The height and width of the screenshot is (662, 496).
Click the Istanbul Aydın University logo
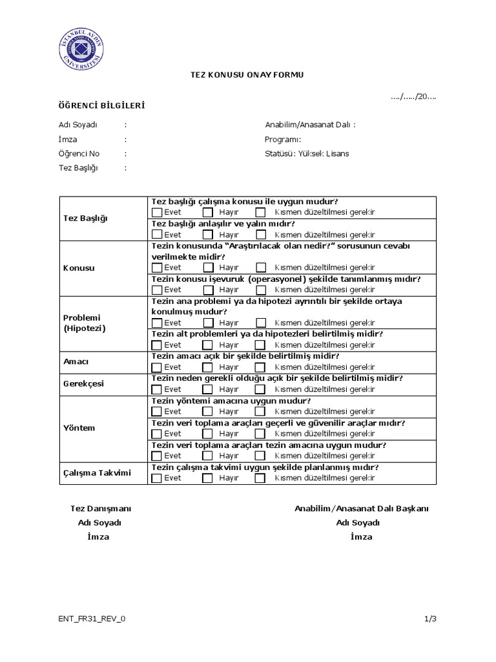tap(81, 50)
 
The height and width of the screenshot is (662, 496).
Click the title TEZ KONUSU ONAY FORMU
tap(246, 75)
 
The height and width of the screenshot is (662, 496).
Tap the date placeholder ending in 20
tap(413, 96)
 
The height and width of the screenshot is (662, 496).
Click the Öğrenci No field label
tap(79, 154)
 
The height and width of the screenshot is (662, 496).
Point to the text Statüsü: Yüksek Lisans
tap(307, 154)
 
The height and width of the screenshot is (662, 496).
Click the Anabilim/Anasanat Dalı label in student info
tap(310, 125)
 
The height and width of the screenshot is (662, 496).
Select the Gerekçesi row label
tap(83, 384)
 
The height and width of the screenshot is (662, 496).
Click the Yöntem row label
tap(79, 428)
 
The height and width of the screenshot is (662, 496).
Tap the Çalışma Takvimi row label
tap(97, 473)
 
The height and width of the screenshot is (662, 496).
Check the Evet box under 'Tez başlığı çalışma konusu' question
tap(157, 212)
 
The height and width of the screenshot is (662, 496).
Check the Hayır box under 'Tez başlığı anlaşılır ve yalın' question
tap(207, 234)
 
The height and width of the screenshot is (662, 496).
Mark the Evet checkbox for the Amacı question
tap(157, 367)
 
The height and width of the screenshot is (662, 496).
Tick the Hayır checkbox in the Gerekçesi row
tap(207, 389)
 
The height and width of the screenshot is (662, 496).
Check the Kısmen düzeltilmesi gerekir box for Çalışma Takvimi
tap(260, 478)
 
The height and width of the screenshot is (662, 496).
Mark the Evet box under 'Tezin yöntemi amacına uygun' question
tap(157, 411)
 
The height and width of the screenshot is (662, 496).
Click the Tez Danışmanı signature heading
tap(96, 508)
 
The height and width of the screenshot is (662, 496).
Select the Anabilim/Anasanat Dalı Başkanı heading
tap(362, 508)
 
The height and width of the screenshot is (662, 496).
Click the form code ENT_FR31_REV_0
tap(92, 619)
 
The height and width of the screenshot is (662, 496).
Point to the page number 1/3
tap(431, 619)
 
